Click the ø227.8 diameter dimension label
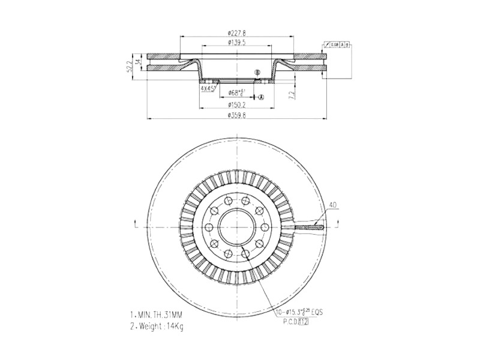[238, 32]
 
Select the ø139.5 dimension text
[238, 43]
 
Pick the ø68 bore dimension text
[236, 93]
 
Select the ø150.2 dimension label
[238, 105]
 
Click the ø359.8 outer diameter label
[238, 115]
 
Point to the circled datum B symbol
[257, 73]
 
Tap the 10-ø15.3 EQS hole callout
[300, 313]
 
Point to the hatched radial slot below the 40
[310, 227]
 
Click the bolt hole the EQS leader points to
[247, 255]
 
